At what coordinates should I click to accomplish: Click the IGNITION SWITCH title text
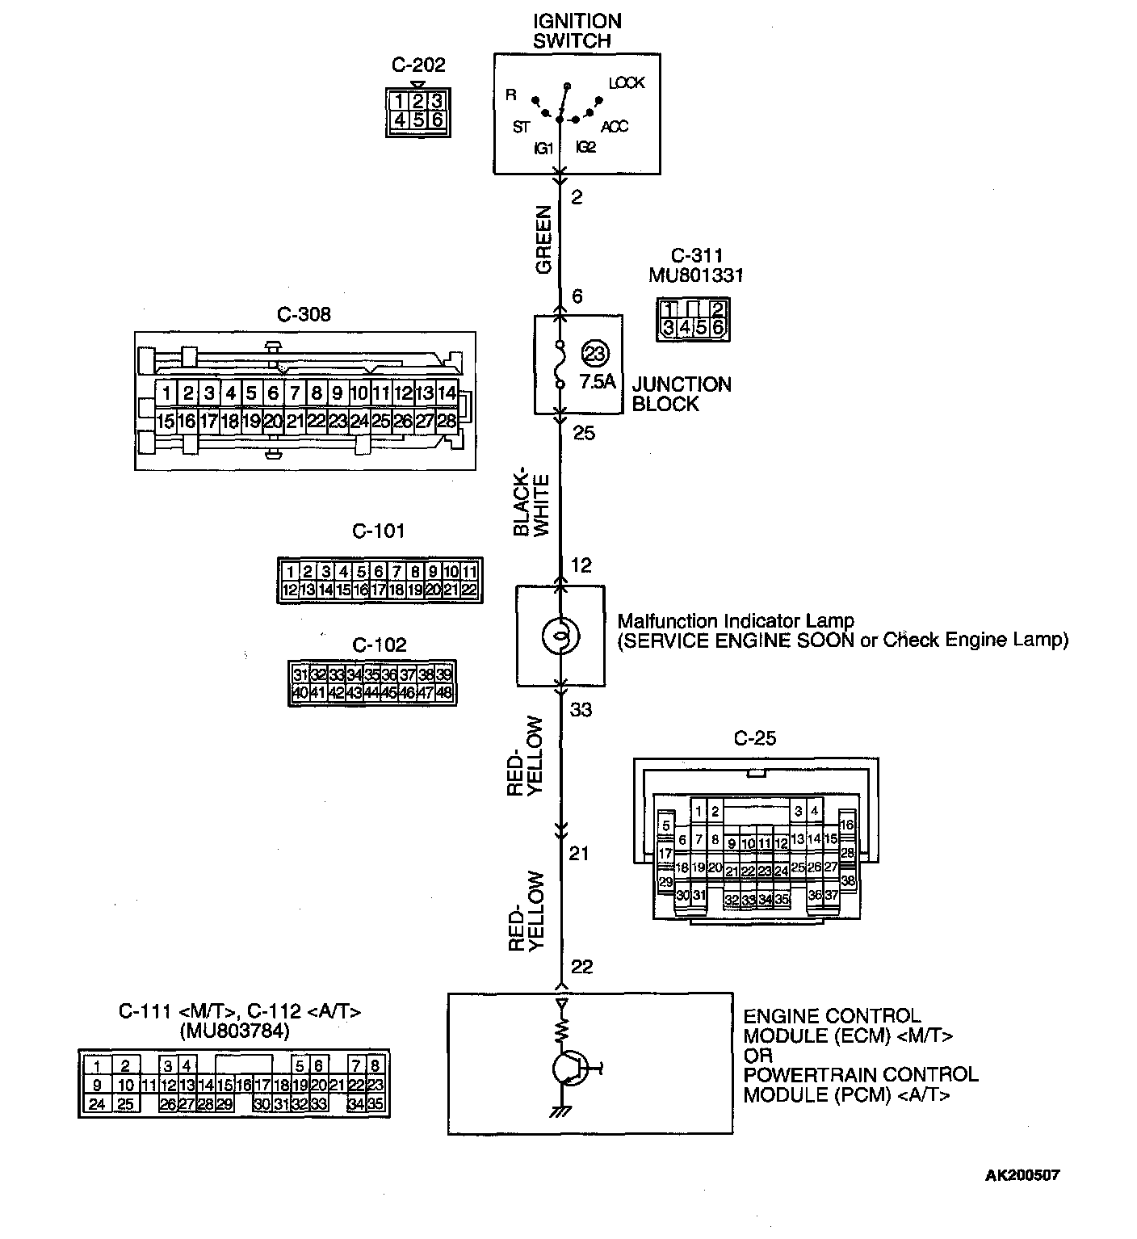click(577, 31)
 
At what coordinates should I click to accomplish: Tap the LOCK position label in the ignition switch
click(627, 83)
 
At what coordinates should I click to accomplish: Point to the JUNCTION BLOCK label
click(681, 394)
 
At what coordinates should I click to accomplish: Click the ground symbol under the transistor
click(557, 1112)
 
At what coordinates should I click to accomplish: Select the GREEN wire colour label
click(543, 240)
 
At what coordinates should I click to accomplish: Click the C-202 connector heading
click(418, 65)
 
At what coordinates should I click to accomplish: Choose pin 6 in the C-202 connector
click(437, 120)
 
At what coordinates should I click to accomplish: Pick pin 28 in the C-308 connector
click(447, 421)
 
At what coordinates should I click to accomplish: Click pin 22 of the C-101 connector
click(469, 590)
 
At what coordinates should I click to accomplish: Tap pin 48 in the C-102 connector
click(443, 693)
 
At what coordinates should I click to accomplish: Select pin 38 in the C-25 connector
click(847, 881)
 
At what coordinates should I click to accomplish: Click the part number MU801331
click(696, 275)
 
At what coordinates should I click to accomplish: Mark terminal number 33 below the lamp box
click(581, 710)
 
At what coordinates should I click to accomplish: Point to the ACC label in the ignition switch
click(615, 127)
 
